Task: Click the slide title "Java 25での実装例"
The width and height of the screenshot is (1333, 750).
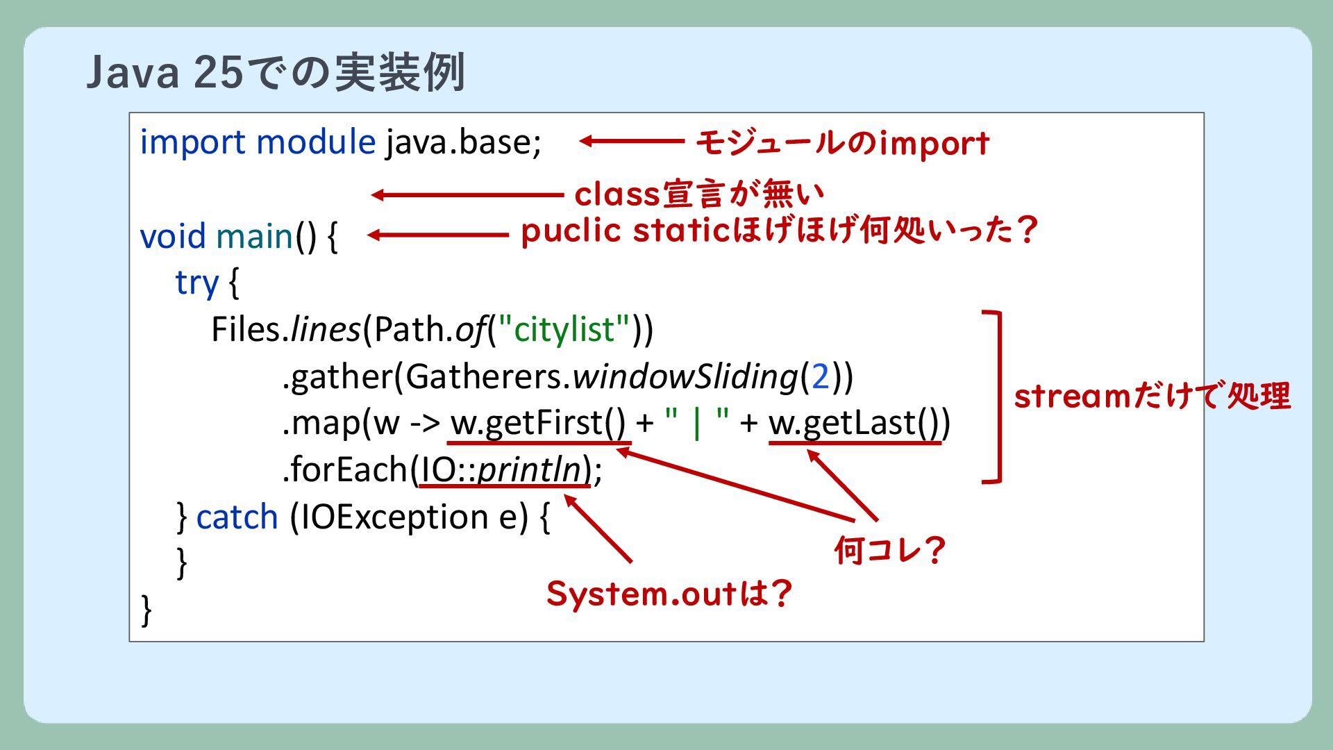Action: [x=275, y=72]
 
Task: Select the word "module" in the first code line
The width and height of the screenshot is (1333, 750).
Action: [x=316, y=143]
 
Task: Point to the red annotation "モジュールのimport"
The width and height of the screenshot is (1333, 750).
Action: [x=842, y=143]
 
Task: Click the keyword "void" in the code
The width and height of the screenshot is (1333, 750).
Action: [x=173, y=237]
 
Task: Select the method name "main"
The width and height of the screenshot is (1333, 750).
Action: [x=255, y=237]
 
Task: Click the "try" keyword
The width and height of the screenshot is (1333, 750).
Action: [x=196, y=283]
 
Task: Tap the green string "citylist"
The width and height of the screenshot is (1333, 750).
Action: [x=564, y=329]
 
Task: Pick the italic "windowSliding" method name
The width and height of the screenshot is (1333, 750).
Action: [x=685, y=376]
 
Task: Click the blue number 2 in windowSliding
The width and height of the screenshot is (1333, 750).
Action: [x=821, y=376]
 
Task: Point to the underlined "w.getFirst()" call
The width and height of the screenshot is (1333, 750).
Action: [x=538, y=423]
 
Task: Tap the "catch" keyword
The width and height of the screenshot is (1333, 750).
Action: [x=237, y=517]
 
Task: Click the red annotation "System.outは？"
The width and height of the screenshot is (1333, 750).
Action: [x=669, y=594]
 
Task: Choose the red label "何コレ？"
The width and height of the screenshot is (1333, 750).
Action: [x=889, y=551]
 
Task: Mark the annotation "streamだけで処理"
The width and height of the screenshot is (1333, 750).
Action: [x=1152, y=397]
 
